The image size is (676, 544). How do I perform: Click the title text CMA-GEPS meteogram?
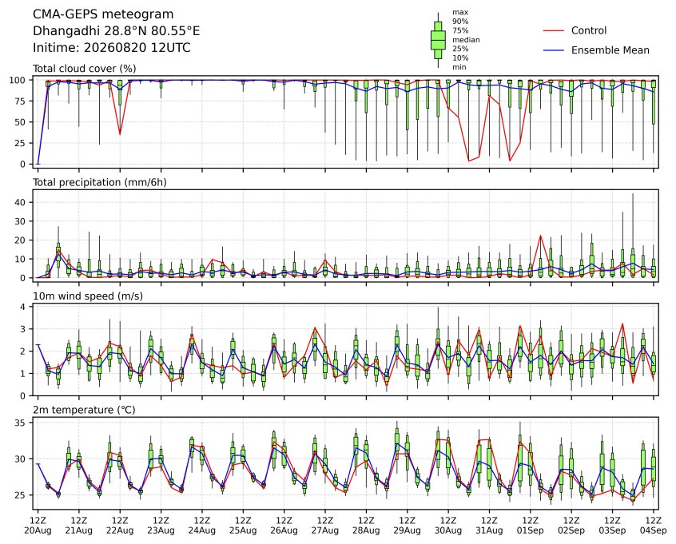pyautogui.click(x=103, y=14)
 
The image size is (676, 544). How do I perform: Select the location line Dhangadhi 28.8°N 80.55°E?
pyautogui.click(x=117, y=31)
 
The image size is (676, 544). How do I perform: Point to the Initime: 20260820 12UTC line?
pyautogui.click(x=112, y=47)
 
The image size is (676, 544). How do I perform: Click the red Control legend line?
pyautogui.click(x=554, y=30)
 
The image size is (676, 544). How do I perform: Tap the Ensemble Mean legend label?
pyautogui.click(x=610, y=50)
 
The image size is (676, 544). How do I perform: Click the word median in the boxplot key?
pyautogui.click(x=466, y=40)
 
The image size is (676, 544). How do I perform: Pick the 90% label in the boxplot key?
pyautogui.click(x=460, y=21)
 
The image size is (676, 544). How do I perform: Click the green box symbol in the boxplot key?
pyautogui.click(x=438, y=40)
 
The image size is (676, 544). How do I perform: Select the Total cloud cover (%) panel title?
pyautogui.click(x=85, y=69)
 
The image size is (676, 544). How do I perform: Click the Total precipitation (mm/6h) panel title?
pyautogui.click(x=100, y=182)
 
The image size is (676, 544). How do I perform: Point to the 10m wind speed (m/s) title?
pyautogui.click(x=88, y=296)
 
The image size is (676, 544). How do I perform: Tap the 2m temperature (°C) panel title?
pyautogui.click(x=84, y=410)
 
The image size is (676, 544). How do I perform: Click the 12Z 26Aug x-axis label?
pyautogui.click(x=284, y=526)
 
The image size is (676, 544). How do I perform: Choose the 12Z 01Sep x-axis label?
pyautogui.click(x=531, y=526)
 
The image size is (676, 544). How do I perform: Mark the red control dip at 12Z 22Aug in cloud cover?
pyautogui.click(x=120, y=134)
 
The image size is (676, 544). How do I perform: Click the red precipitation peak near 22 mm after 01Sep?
pyautogui.click(x=541, y=236)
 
